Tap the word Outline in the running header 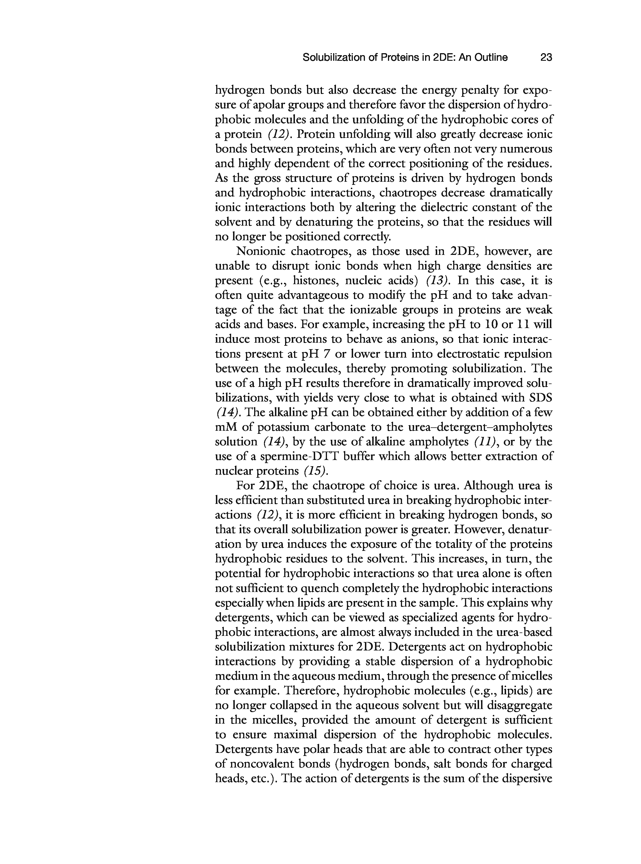pos(491,57)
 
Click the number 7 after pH pos(326,354)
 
